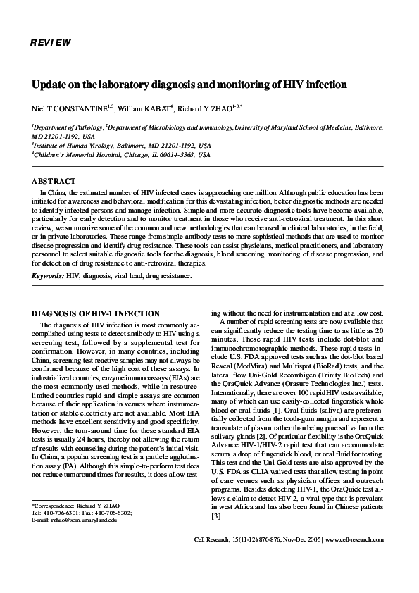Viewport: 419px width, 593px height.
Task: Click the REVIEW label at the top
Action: coord(51,43)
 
